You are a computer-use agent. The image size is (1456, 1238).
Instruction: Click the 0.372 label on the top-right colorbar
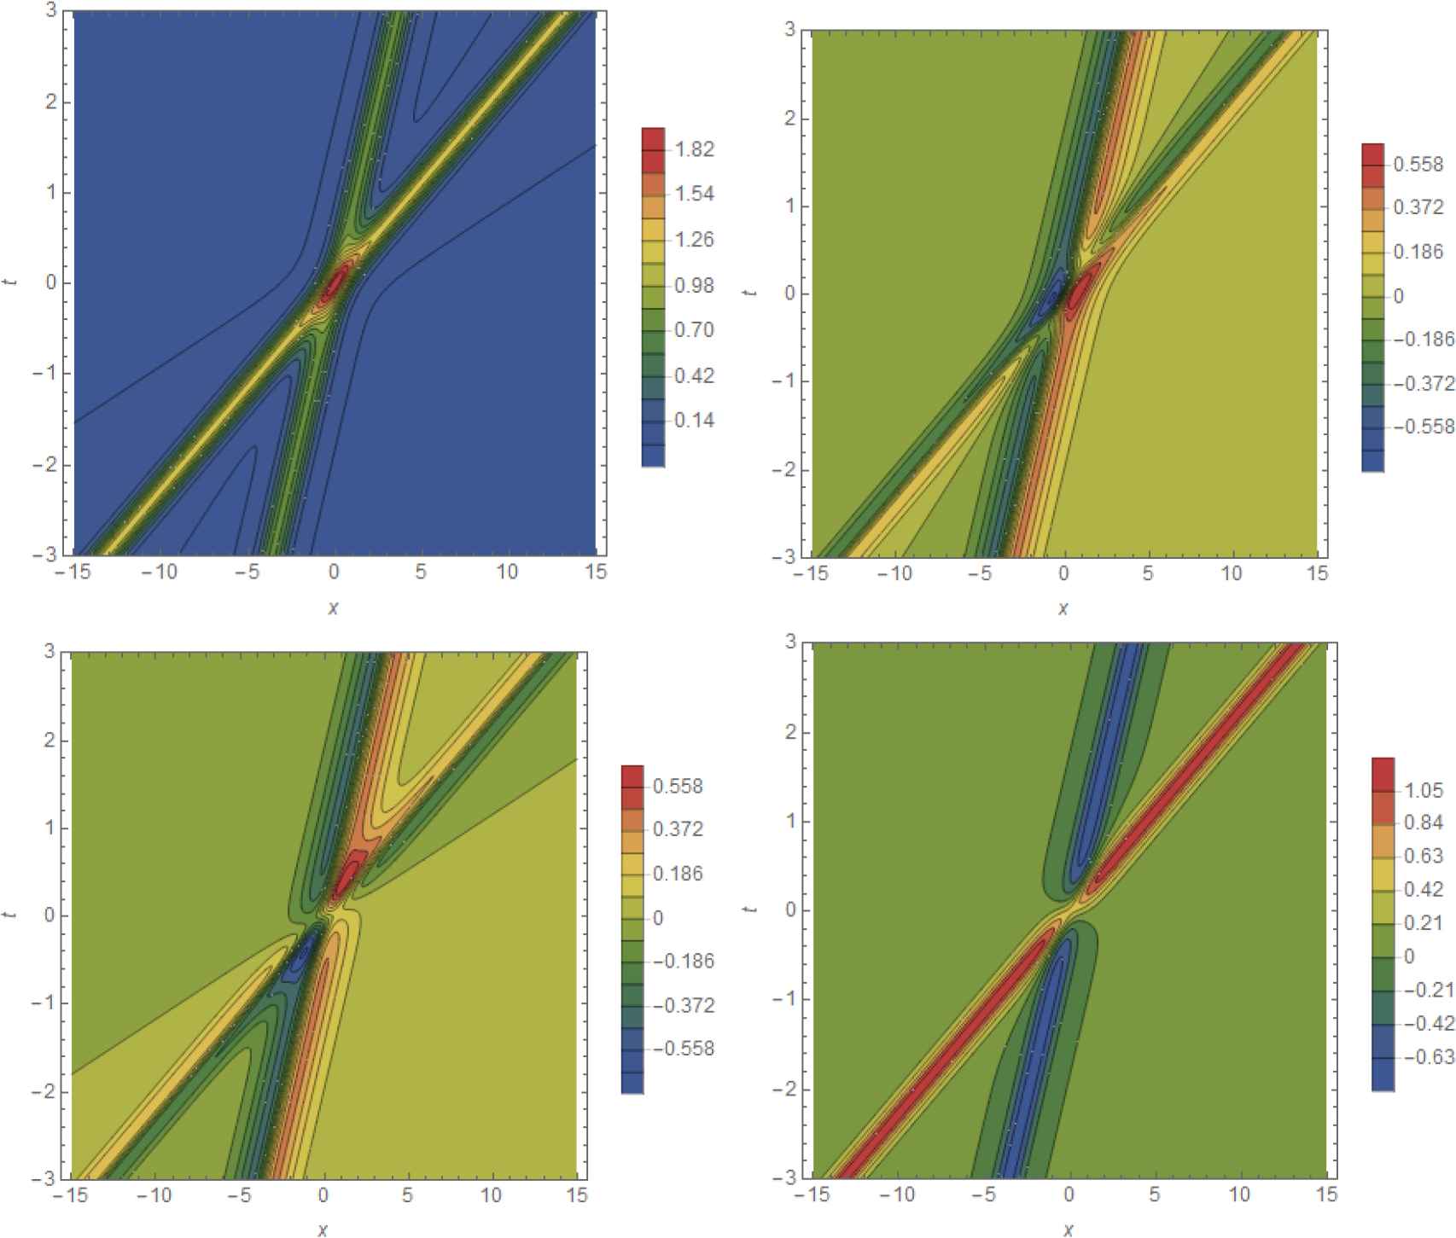point(1418,207)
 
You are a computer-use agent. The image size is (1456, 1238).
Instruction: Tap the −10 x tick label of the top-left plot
point(160,573)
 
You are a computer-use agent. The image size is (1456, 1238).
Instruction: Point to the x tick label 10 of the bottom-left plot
point(491,1196)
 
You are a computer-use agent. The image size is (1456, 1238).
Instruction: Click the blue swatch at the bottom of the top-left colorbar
point(653,456)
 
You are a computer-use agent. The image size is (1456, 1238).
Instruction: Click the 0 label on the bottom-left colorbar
point(658,917)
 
